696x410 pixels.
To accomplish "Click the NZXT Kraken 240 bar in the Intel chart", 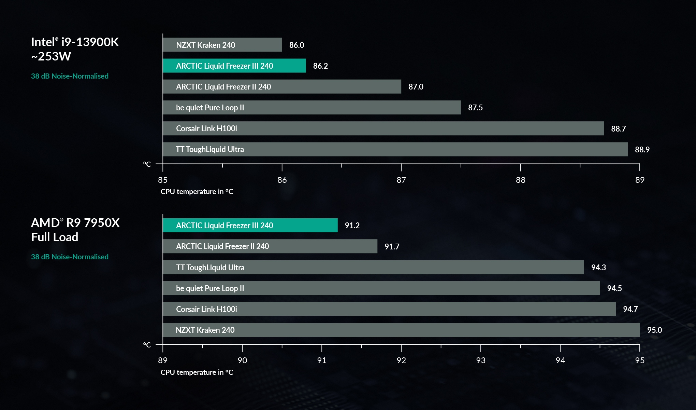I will point(222,45).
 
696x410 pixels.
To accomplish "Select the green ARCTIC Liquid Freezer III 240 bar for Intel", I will point(234,66).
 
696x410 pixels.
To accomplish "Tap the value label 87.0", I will point(416,87).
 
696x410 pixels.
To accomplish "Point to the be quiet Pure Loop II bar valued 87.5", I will point(311,108).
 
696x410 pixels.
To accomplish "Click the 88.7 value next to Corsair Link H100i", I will point(618,129).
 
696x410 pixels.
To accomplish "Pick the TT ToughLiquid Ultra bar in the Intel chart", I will point(395,149).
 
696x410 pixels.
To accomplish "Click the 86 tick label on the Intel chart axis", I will point(282,180).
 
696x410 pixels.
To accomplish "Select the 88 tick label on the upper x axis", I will point(520,180).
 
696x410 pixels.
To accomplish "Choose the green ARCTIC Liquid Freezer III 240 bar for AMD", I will point(250,225).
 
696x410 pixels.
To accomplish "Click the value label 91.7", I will point(392,247).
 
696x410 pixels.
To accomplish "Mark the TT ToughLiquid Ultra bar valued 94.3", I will point(373,267).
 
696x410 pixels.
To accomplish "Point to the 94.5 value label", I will point(614,288).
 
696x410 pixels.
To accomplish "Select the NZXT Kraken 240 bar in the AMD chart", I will point(401,330).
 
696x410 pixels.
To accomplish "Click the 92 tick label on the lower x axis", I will point(401,360).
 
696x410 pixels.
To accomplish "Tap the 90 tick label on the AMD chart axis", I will point(242,360).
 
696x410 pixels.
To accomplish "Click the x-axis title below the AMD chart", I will point(197,372).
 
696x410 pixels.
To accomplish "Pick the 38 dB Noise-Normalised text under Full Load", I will point(70,257).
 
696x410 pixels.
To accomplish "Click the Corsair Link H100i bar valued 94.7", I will point(389,309).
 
